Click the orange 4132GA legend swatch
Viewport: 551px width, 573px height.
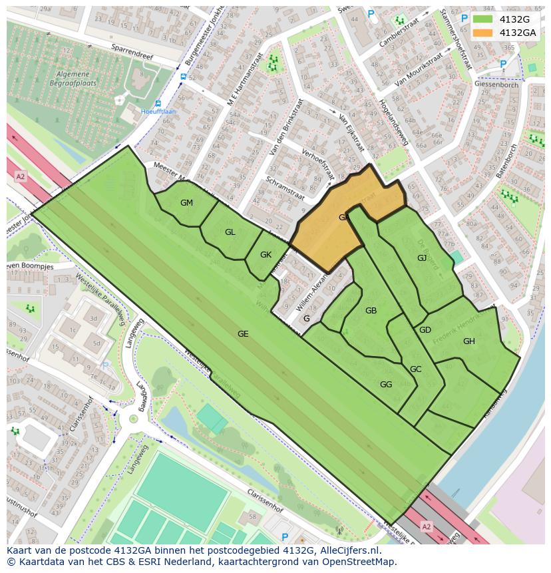(482, 33)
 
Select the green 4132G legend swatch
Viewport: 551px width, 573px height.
(482, 19)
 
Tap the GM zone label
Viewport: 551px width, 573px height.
(186, 203)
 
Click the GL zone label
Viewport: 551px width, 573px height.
(230, 232)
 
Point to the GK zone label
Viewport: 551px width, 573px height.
(266, 255)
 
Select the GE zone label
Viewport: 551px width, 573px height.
(243, 334)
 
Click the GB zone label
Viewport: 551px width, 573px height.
(371, 311)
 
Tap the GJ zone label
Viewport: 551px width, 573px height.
(422, 258)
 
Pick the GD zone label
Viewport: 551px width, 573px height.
(425, 330)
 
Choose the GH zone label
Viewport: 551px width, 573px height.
(469, 341)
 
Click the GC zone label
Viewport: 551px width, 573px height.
(415, 369)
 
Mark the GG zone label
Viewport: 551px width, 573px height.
(386, 385)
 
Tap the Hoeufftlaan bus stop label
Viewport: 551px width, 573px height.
(158, 112)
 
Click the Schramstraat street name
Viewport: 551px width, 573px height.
(285, 188)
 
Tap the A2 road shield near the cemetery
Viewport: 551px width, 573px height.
(20, 176)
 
